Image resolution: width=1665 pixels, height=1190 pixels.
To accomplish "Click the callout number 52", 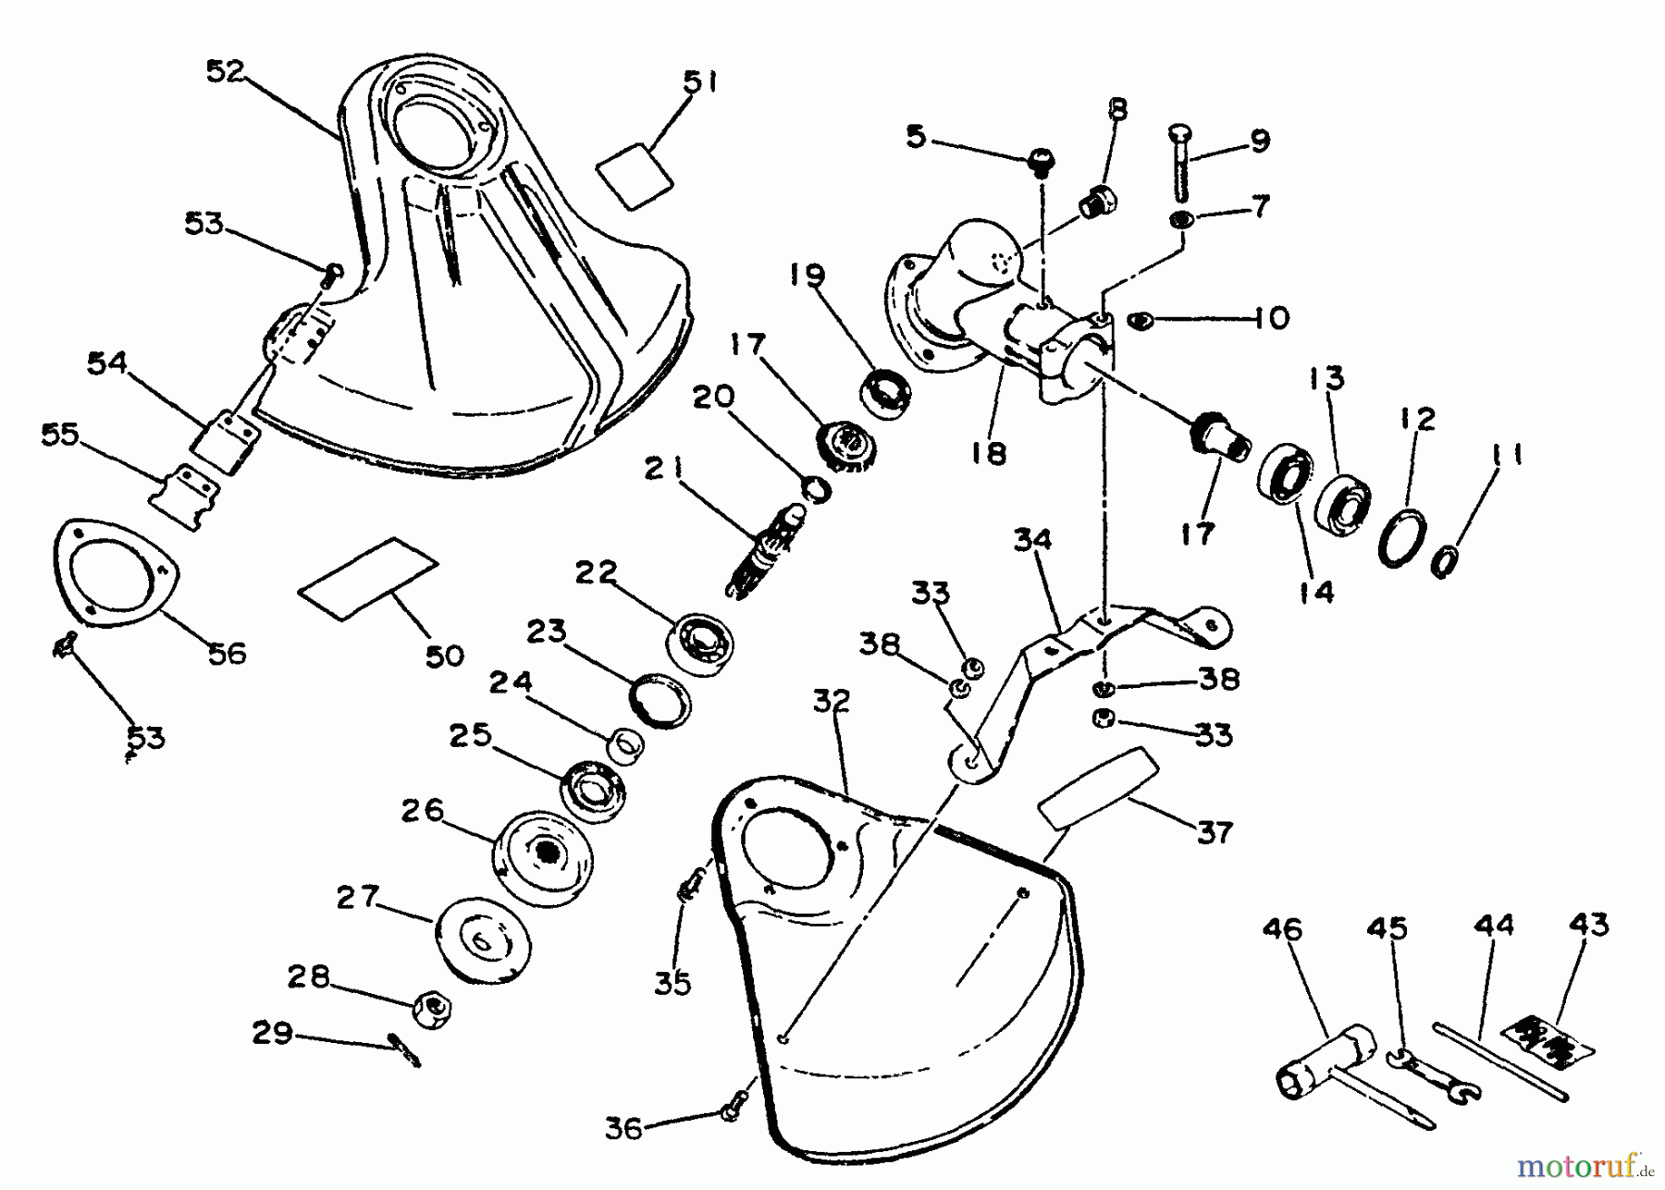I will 223,72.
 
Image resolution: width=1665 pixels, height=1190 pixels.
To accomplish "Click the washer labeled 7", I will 1180,220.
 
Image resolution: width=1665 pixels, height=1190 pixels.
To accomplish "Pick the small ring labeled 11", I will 1442,561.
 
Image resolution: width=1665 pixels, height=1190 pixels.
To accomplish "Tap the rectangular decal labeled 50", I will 367,578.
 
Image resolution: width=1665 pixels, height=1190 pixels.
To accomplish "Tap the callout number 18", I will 989,452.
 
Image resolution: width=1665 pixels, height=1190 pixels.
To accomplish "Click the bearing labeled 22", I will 701,640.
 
